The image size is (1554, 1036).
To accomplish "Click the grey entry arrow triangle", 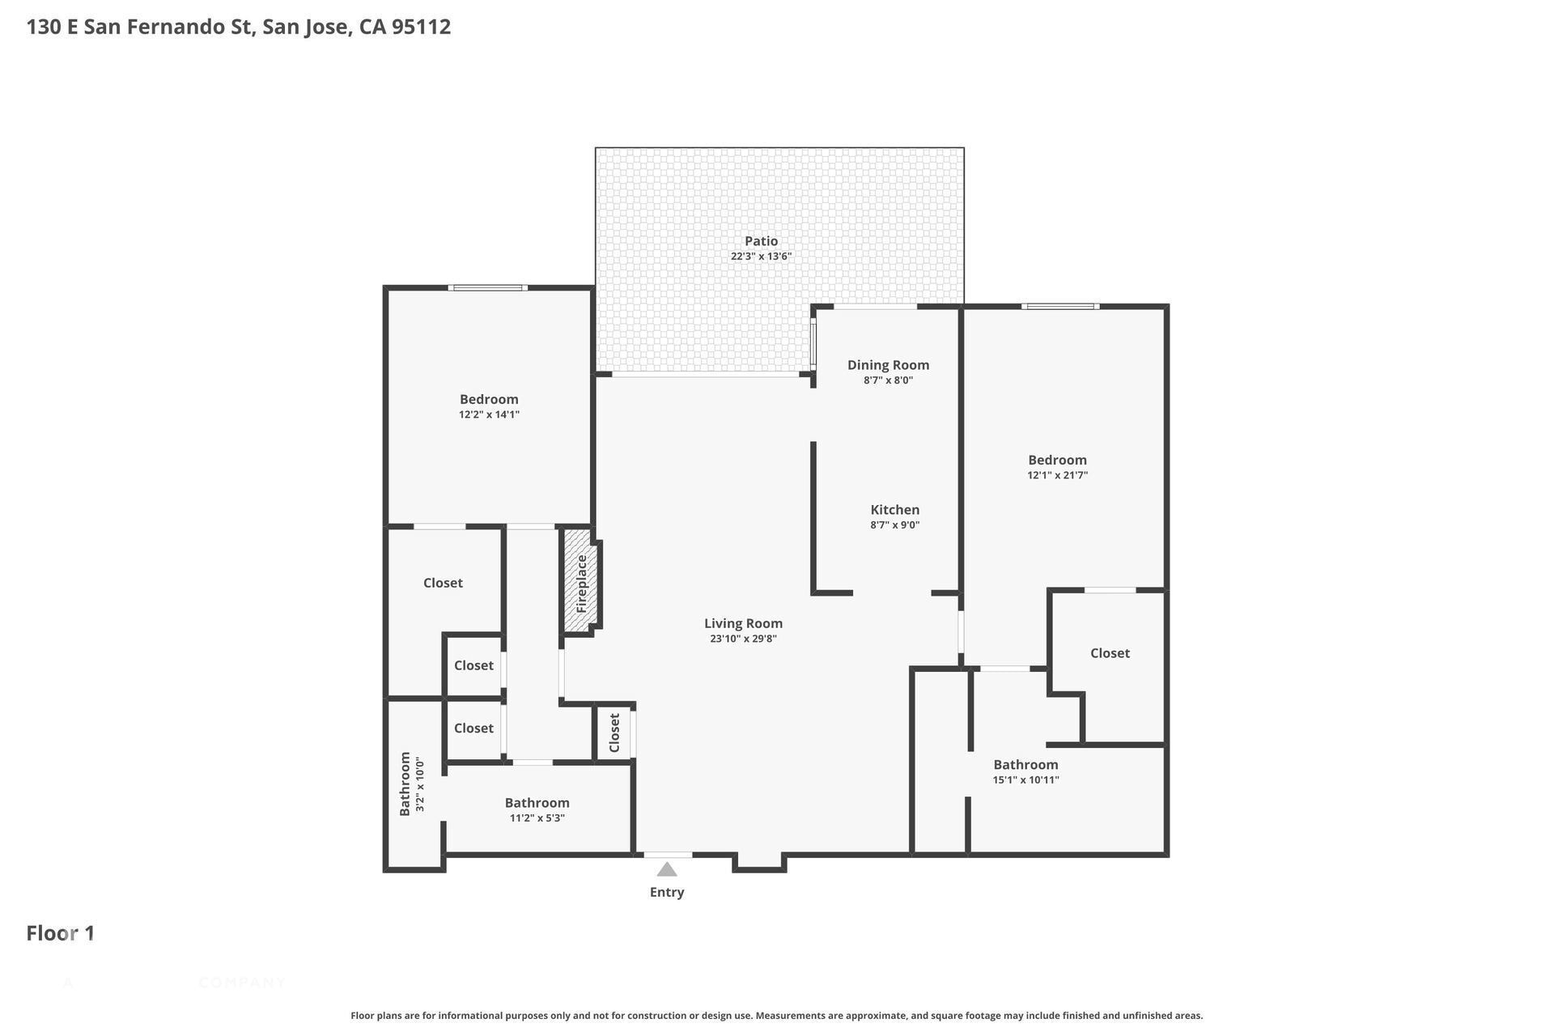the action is click(667, 869).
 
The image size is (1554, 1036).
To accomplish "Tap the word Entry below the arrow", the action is click(667, 892).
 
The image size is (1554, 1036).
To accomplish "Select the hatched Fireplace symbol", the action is click(581, 582).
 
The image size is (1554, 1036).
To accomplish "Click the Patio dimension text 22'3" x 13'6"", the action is click(761, 257).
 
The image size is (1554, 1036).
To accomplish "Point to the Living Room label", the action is click(743, 623).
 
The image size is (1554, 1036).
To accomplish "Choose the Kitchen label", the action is click(895, 510).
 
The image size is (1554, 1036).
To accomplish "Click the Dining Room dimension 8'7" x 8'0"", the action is click(888, 380).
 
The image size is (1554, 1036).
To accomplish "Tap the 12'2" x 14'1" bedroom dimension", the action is click(489, 414).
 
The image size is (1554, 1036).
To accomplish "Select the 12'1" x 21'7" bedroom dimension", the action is click(1057, 475).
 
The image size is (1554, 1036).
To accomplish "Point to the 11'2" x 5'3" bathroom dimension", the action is click(537, 818).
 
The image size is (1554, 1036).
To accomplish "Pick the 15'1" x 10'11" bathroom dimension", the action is click(1025, 780).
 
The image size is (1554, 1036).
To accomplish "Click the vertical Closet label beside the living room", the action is click(614, 732).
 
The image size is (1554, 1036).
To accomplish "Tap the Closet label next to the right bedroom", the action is click(1110, 653).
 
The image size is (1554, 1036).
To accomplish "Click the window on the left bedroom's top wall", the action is click(488, 287).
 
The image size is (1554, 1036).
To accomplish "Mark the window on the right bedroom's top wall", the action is click(1060, 306).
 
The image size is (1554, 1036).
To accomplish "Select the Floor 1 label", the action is click(61, 933).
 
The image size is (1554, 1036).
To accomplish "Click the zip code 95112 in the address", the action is click(421, 27).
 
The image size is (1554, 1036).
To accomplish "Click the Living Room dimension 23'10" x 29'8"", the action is click(743, 639).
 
